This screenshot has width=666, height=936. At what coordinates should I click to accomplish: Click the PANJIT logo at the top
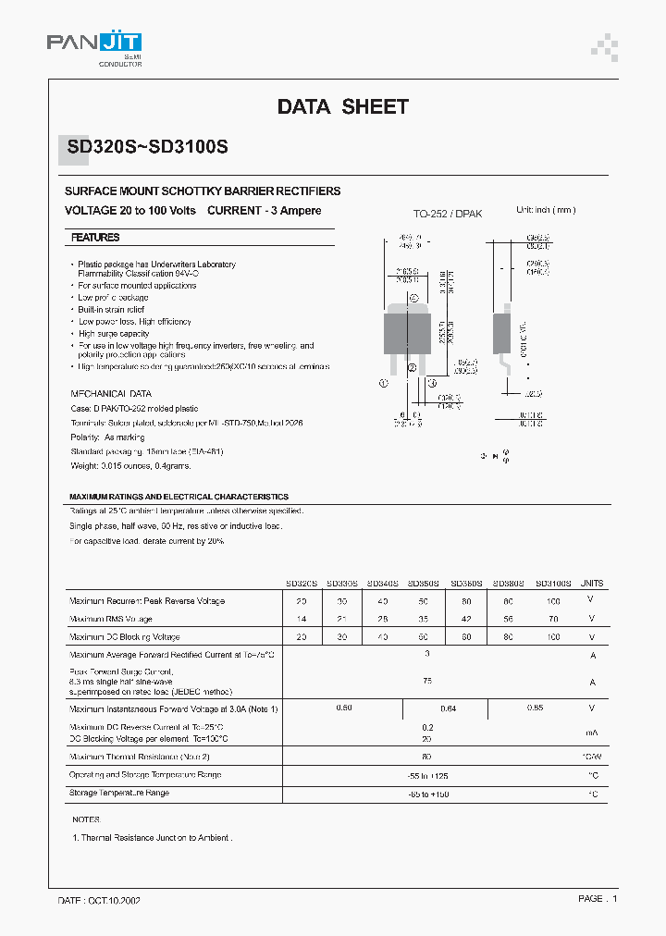[x=93, y=44]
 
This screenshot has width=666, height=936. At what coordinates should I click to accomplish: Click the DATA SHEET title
[x=342, y=107]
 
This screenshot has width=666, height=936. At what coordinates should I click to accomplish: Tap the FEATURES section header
[x=95, y=238]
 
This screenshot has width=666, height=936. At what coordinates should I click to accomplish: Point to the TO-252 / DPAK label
[x=447, y=214]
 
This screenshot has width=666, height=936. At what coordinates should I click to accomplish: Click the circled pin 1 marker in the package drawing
[x=382, y=381]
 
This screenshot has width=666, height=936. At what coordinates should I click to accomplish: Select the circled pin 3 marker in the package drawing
[x=430, y=381]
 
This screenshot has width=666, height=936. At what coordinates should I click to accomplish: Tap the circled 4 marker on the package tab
[x=413, y=297]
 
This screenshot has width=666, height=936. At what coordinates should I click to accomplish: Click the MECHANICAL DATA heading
[x=110, y=393]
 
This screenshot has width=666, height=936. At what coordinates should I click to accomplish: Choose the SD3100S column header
[x=553, y=584]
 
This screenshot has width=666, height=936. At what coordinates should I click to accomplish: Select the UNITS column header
[x=592, y=584]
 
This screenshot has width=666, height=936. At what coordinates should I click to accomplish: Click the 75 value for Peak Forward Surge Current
[x=427, y=681]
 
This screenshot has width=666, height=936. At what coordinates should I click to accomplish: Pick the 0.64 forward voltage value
[x=449, y=708]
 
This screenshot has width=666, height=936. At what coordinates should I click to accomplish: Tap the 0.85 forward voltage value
[x=535, y=708]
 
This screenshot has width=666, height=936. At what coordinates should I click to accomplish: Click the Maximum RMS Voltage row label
[x=111, y=619]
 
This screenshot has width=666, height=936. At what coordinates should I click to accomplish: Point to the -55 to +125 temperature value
[x=427, y=775]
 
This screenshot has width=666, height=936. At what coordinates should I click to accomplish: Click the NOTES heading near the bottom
[x=85, y=819]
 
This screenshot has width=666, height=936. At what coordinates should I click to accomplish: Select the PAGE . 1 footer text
[x=597, y=898]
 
